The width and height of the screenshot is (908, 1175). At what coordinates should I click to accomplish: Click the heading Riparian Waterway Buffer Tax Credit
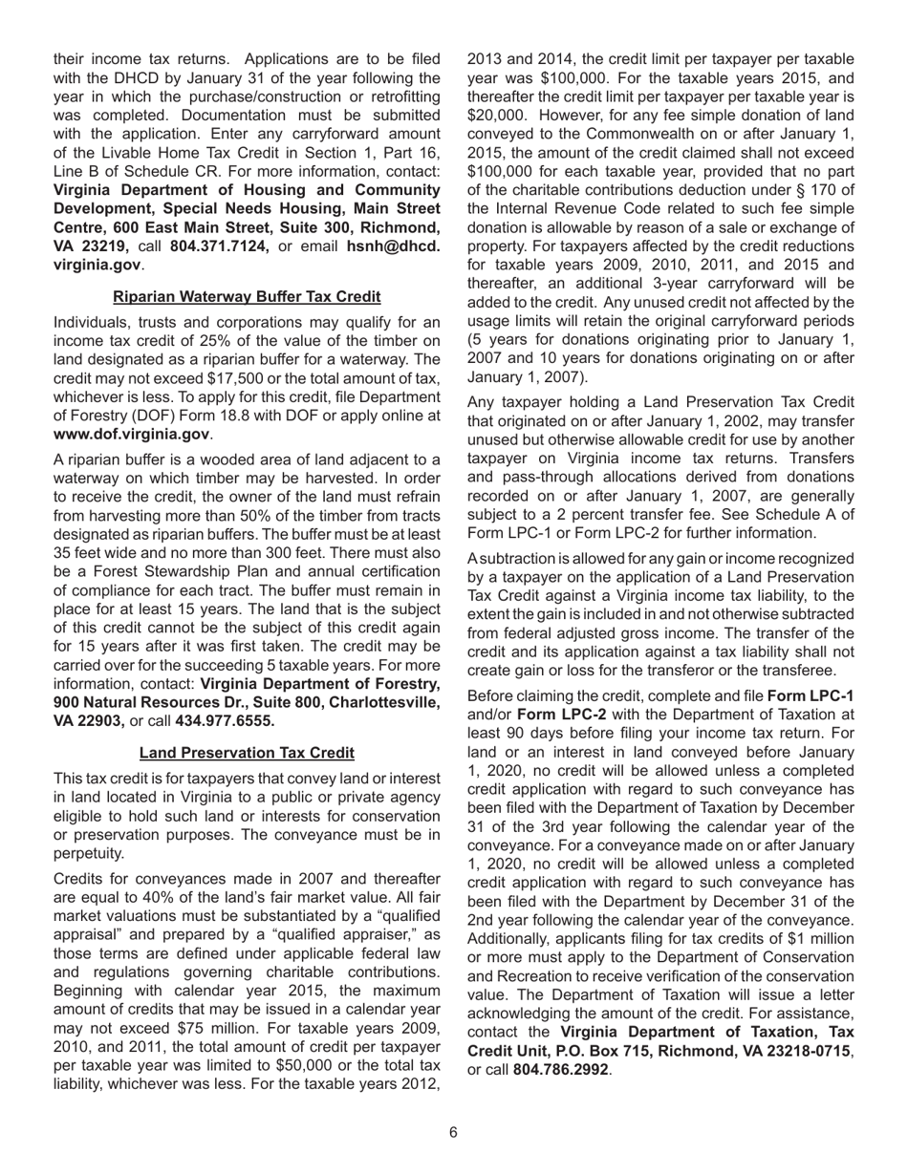click(x=247, y=297)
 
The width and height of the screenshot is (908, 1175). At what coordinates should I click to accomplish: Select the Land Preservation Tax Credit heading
click(x=247, y=753)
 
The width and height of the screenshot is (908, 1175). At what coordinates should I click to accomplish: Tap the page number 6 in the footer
click(x=453, y=1133)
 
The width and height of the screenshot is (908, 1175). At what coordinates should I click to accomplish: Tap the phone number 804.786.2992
click(x=562, y=1069)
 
